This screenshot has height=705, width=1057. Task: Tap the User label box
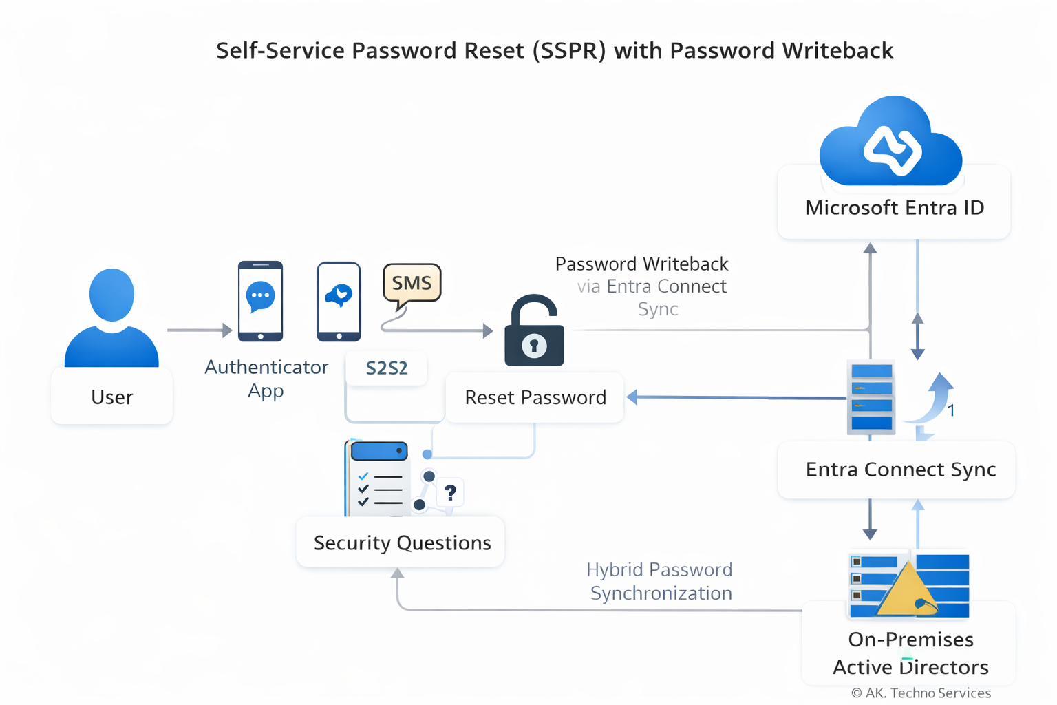click(111, 397)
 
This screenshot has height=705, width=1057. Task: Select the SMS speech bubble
click(412, 283)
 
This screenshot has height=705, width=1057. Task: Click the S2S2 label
click(387, 368)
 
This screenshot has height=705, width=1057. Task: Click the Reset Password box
click(535, 397)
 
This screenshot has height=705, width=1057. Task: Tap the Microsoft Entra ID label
click(895, 207)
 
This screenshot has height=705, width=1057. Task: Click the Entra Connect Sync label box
click(900, 470)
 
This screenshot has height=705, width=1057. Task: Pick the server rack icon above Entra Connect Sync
click(871, 397)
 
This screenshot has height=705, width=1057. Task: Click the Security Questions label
click(402, 543)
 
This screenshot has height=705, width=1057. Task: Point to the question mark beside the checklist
click(451, 493)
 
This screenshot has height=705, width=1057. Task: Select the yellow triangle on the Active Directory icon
click(906, 591)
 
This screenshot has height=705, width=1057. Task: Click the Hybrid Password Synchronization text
click(660, 581)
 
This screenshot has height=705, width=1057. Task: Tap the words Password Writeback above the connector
click(641, 264)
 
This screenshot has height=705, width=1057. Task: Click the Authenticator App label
click(266, 378)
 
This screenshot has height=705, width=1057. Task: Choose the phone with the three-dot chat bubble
click(260, 301)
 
